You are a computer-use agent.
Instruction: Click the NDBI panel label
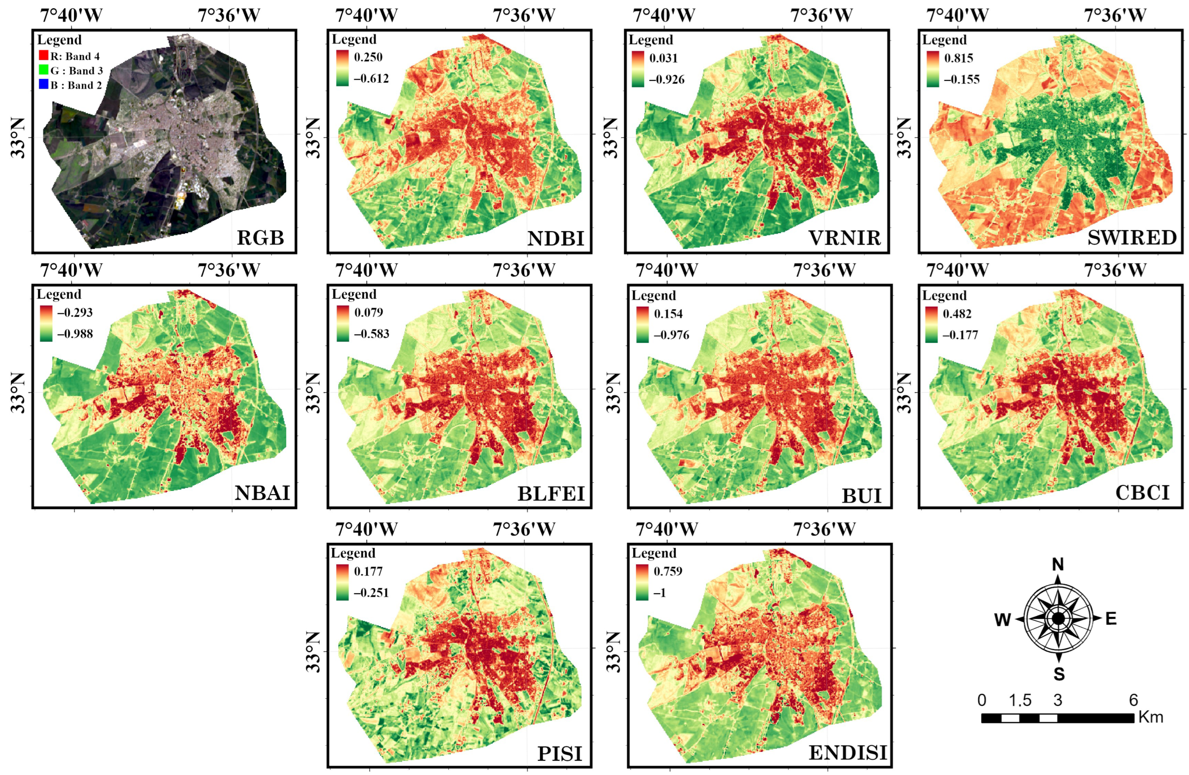(555, 238)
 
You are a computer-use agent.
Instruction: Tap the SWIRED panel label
(1132, 237)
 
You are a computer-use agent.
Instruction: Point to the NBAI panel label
(262, 493)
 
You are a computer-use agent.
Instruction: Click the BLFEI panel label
(551, 494)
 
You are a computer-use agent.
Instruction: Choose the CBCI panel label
(1142, 493)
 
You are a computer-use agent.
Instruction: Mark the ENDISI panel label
(848, 752)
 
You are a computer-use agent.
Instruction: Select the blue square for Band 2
(43, 84)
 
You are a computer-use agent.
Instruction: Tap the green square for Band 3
(43, 70)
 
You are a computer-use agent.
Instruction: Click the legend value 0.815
(958, 58)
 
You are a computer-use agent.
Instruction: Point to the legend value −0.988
(75, 334)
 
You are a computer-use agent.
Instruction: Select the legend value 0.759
(668, 571)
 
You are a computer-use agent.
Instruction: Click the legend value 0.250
(368, 57)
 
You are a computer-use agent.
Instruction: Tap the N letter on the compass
(1058, 565)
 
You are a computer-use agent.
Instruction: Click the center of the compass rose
(1058, 618)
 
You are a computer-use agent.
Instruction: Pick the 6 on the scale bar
(1133, 700)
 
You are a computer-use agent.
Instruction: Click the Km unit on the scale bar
(1151, 718)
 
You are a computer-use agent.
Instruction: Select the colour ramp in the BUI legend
(642, 324)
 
